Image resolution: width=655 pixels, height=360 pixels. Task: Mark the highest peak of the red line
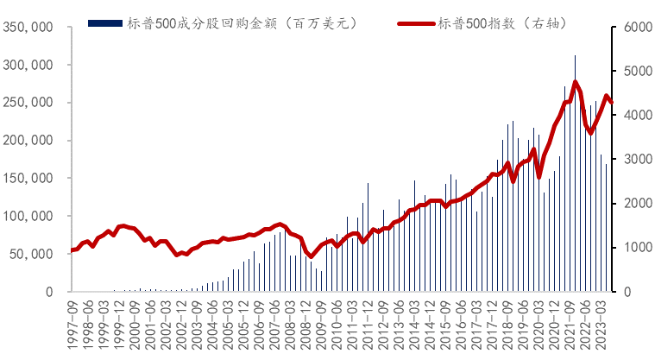coord(576,82)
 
